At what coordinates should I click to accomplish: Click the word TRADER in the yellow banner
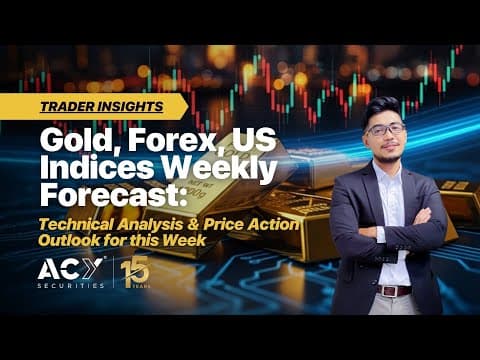click(x=66, y=107)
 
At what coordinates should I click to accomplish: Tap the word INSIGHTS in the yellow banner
click(x=129, y=107)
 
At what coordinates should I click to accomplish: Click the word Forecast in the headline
click(x=113, y=195)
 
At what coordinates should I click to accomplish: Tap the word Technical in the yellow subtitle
click(x=76, y=224)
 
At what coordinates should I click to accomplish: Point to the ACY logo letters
click(x=70, y=268)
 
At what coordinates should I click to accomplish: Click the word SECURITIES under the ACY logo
click(x=71, y=286)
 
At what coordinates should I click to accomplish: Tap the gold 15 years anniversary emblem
click(x=136, y=272)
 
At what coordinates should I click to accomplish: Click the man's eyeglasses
click(x=386, y=129)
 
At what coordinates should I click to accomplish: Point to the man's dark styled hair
click(x=382, y=108)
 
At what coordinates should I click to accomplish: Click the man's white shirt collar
click(x=387, y=170)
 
